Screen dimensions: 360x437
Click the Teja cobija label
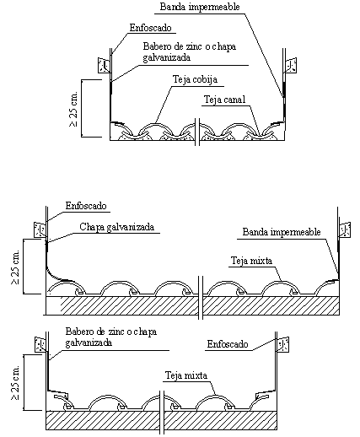point(195,79)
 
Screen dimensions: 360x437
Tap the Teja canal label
point(224,100)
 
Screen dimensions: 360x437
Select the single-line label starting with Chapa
point(117,227)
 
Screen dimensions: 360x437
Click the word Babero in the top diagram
point(155,46)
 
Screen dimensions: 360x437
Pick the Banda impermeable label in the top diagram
point(200,7)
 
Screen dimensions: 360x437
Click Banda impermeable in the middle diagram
point(282,232)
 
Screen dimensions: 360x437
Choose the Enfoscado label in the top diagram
point(150,28)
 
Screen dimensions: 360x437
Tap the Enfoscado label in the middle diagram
point(86,206)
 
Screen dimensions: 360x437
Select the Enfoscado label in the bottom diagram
point(228,344)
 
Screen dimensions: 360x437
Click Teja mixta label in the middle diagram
point(251,261)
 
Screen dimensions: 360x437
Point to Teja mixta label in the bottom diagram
point(186,375)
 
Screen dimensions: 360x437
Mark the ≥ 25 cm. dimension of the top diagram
point(73,108)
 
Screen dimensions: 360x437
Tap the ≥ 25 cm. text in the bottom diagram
point(15,382)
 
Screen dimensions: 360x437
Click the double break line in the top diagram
point(197,132)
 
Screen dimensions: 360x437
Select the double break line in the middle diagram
point(201,298)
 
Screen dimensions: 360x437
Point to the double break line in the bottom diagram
point(162,412)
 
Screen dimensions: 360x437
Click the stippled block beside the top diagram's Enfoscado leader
point(104,66)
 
